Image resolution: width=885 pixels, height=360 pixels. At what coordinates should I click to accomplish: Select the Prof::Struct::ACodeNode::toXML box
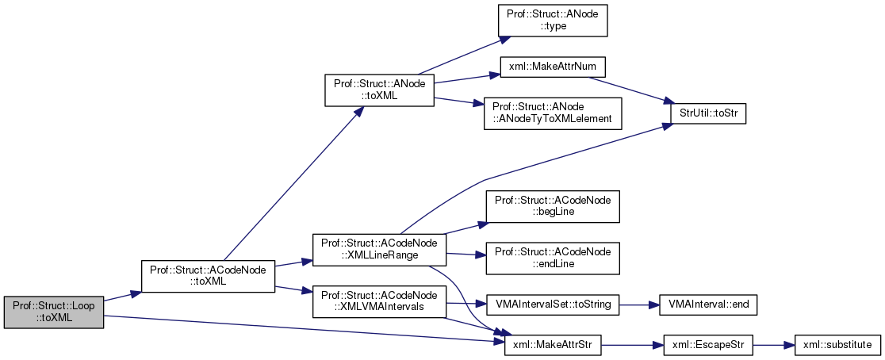tap(208, 275)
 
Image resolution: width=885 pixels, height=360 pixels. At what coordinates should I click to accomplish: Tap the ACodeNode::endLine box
tap(552, 258)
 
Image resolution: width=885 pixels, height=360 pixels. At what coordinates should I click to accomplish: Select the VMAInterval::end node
tap(703, 304)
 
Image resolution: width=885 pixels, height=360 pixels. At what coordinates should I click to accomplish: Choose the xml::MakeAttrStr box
tap(552, 345)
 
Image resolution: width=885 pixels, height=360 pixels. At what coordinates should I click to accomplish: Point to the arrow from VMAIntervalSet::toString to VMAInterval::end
tap(634, 304)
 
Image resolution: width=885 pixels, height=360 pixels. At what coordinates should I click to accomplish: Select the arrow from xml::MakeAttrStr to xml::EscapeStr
tap(626, 345)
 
